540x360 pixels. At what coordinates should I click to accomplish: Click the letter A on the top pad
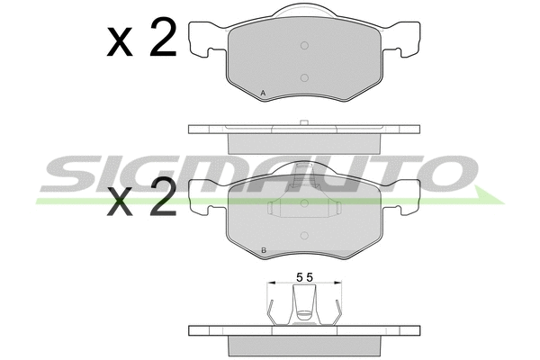[x=263, y=93]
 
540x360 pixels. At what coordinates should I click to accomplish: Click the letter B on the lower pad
[x=264, y=250]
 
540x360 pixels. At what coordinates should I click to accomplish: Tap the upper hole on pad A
[x=304, y=46]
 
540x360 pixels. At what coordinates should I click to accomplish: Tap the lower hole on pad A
[x=304, y=78]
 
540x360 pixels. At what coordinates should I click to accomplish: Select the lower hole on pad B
[x=304, y=236]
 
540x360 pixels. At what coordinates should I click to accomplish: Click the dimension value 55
[x=305, y=277]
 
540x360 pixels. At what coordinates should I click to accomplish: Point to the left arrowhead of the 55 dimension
[x=272, y=283]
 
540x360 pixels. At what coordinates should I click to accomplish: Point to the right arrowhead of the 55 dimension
[x=337, y=283]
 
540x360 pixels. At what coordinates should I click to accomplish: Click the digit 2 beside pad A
[x=163, y=37]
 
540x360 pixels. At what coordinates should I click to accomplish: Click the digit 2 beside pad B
[x=163, y=196]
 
